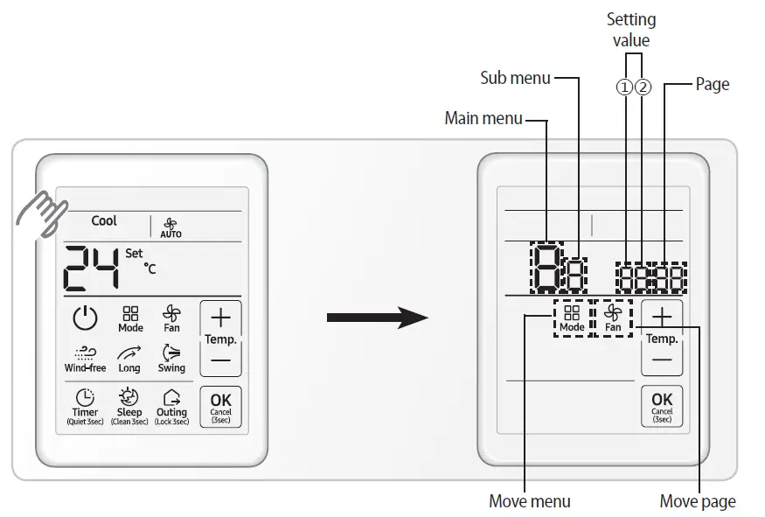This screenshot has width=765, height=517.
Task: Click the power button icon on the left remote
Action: coord(85,318)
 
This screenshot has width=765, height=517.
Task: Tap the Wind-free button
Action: coord(85,359)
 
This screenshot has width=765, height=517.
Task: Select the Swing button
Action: coord(171,359)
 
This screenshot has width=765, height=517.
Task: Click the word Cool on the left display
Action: coord(104,221)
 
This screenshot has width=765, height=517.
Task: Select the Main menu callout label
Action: coord(483,118)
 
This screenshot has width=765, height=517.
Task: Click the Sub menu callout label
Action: coord(516,78)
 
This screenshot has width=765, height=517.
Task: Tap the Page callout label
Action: coord(712,85)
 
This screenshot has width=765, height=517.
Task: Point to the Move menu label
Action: coord(529,501)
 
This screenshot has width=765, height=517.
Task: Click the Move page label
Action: coord(697,501)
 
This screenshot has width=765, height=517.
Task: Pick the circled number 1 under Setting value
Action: coord(624,87)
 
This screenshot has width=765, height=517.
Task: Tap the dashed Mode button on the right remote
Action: coord(572,318)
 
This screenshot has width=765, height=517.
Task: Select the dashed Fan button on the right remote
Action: coord(613,318)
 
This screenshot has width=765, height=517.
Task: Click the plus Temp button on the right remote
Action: coord(663,316)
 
